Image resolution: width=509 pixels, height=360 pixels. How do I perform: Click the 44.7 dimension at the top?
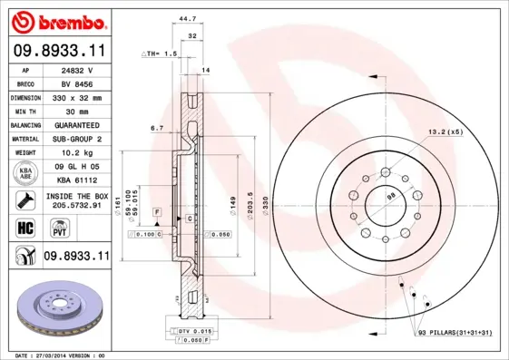(188, 18)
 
